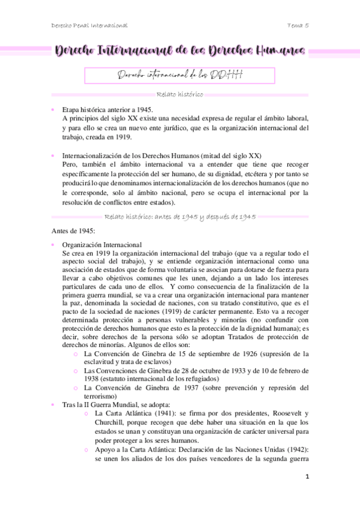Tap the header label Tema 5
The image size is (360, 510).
click(x=298, y=25)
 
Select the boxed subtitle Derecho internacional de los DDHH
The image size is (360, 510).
click(x=180, y=75)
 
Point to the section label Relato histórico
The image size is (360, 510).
click(x=179, y=94)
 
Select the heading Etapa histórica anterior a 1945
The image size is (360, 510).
click(x=108, y=109)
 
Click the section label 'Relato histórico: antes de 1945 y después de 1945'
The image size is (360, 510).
click(x=180, y=216)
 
